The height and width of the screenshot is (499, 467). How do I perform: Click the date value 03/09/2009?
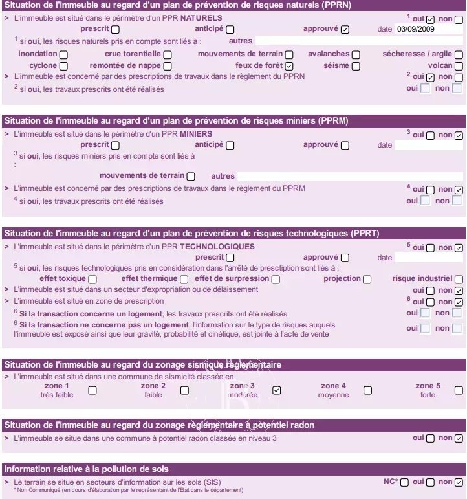pos(415,29)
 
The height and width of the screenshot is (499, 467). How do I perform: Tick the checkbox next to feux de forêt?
pos(289,66)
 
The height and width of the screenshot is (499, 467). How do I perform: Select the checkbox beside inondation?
pos(63,55)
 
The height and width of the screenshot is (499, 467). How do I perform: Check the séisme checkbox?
pos(356,66)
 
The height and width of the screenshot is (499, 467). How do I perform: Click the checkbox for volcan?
pos(459,66)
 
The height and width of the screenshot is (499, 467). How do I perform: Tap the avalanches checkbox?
pos(356,55)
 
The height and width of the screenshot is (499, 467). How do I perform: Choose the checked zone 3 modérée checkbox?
pos(276,390)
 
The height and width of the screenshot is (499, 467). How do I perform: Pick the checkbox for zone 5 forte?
pos(459,390)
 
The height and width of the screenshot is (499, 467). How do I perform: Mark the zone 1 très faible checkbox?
pos(92,390)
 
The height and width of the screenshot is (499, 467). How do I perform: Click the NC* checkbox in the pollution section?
pos(404,482)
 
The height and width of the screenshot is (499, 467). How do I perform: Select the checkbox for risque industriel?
pos(459,279)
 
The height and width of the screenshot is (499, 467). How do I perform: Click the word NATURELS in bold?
pos(201,18)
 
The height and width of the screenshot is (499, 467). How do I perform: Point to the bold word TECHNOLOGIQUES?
pos(217,247)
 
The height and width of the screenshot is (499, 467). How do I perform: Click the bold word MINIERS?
pos(196,134)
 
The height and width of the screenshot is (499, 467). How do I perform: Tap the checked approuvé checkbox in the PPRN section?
pos(345,29)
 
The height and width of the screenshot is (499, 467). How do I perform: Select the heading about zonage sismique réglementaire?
pos(143,365)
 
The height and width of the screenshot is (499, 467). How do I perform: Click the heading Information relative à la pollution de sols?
pos(87,468)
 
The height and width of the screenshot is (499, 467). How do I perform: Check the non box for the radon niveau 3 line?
pos(459,438)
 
